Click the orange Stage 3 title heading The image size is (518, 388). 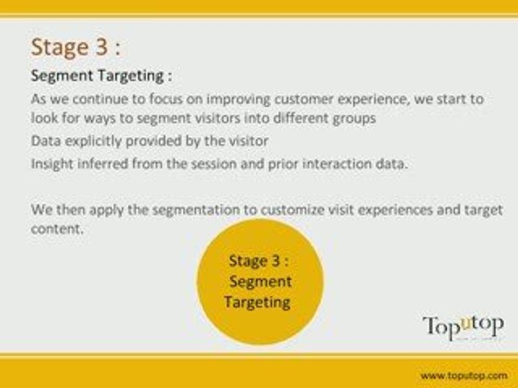76,47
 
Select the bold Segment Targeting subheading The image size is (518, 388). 101,76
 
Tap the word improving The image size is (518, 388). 238,100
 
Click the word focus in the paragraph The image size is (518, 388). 166,99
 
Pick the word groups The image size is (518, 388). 355,119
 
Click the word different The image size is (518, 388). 301,118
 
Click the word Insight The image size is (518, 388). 52,164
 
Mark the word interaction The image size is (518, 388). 337,164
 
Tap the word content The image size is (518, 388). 57,228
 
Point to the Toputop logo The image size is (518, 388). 463,327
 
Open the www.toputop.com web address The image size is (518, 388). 464,376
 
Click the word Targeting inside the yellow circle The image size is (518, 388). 257,302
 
